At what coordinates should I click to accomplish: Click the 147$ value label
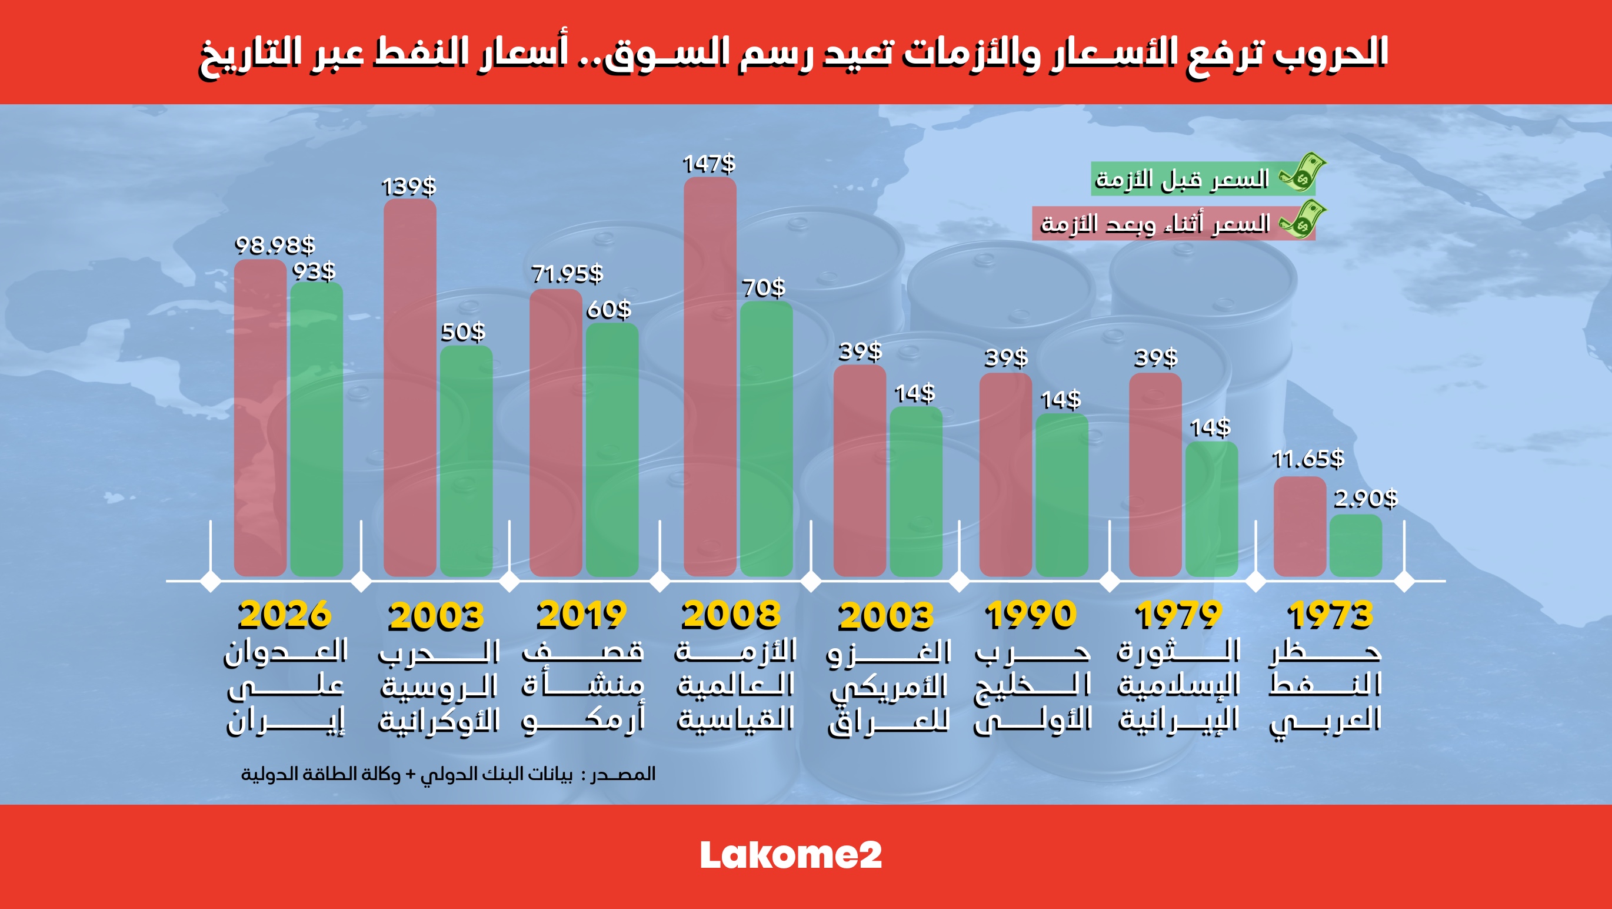[x=708, y=164]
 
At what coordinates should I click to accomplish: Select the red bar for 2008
[x=710, y=376]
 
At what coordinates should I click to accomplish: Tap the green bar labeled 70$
[x=766, y=438]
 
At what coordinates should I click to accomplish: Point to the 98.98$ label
[x=275, y=245]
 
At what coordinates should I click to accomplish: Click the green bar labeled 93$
[x=317, y=429]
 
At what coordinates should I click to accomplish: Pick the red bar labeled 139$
[x=410, y=388]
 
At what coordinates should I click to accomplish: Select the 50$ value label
[x=463, y=332]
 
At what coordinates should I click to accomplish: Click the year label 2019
[x=581, y=615]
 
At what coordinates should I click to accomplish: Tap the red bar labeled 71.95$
[x=556, y=432]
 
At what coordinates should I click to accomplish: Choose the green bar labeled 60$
[x=612, y=449]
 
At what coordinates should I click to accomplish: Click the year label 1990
[x=1031, y=615]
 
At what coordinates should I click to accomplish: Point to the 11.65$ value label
[x=1308, y=460]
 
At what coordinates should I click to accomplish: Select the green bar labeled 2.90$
[x=1355, y=545]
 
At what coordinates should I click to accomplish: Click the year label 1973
[x=1330, y=615]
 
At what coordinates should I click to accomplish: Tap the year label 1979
[x=1178, y=615]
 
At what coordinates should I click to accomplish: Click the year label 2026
[x=285, y=615]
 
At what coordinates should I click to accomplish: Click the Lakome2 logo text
[x=791, y=855]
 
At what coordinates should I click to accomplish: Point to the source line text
[x=448, y=774]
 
